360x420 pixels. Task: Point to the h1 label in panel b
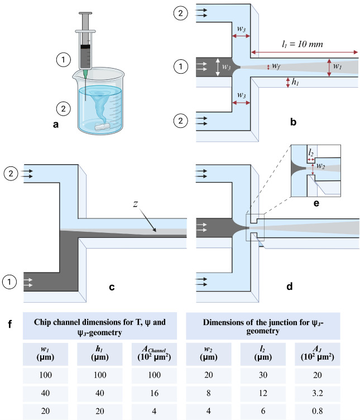coord(294,83)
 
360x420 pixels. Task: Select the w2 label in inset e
coord(320,165)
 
